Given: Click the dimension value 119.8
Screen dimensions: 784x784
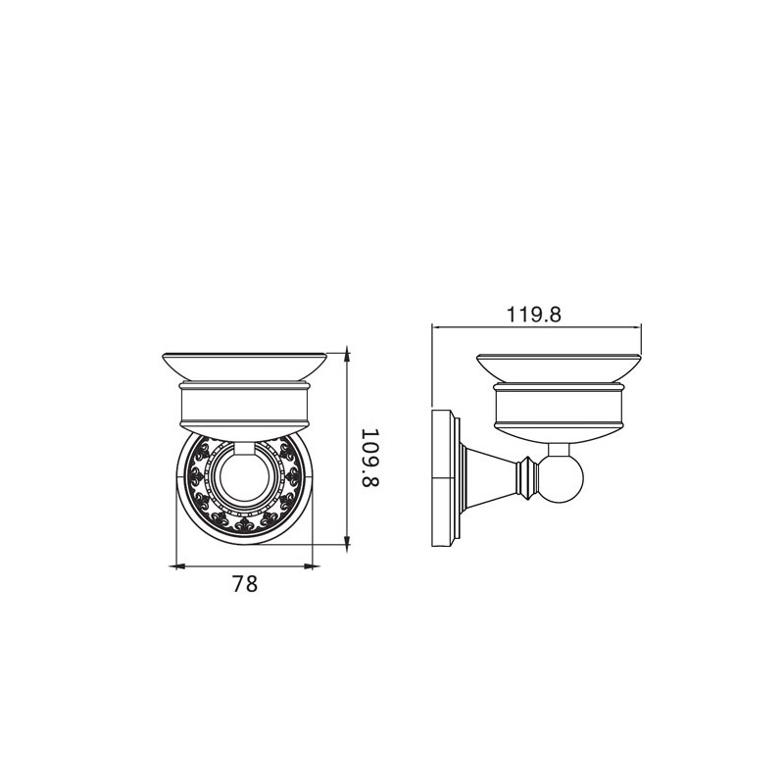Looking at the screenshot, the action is pos(534,315).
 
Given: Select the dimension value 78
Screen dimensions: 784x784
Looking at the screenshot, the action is pos(245,583).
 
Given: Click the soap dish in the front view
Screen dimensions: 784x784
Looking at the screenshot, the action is pos(244,367).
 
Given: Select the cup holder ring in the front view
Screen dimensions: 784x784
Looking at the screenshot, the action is pos(244,409).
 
